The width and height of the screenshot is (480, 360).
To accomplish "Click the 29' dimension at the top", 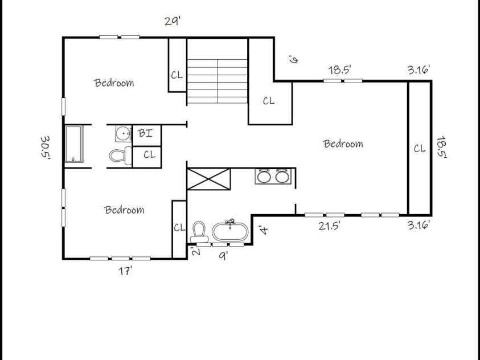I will [x=173, y=22].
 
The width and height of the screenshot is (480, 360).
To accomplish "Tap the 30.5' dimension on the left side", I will [x=46, y=148].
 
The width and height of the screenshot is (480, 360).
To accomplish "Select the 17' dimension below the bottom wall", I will [x=125, y=272].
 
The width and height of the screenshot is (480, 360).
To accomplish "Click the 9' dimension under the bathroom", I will [x=224, y=256].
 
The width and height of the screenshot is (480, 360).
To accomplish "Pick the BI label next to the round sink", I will [x=145, y=134].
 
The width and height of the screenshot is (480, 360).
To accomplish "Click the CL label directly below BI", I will [x=149, y=154].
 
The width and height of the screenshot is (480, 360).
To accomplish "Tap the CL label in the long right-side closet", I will [x=419, y=148].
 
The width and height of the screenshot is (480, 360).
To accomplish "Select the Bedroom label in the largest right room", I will [x=343, y=144].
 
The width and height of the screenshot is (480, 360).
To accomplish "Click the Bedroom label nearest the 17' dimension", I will [x=124, y=210].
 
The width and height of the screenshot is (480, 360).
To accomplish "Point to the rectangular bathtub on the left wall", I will [x=73, y=145].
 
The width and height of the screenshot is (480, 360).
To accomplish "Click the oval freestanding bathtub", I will [x=230, y=232].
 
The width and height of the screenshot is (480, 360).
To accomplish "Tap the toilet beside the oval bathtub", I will [x=199, y=231].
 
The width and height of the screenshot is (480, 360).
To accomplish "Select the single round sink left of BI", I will [x=123, y=134].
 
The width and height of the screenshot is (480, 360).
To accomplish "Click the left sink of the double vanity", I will [x=264, y=176].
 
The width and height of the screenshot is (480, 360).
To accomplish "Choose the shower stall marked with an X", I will [x=209, y=179].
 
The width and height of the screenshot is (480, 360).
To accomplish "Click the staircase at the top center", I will [x=217, y=71].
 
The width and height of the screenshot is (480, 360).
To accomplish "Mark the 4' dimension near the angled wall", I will [x=262, y=230].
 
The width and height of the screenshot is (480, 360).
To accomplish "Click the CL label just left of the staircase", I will [x=177, y=75].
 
